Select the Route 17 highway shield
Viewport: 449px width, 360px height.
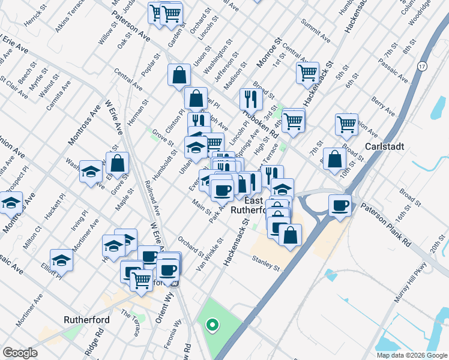423,66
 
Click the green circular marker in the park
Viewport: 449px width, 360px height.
211,326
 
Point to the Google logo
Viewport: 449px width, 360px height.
20,353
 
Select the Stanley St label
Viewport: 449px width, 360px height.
267,262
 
